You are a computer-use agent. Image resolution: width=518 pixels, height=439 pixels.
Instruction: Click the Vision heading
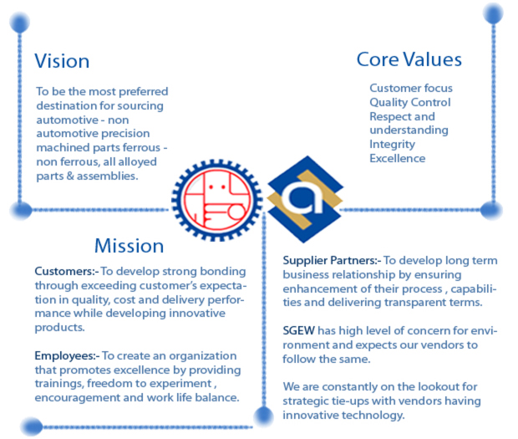(62, 61)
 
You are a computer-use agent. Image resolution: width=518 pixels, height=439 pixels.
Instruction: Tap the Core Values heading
(409, 59)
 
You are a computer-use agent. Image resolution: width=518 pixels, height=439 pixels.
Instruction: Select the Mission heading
(129, 246)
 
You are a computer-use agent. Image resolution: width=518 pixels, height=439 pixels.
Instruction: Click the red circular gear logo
(217, 201)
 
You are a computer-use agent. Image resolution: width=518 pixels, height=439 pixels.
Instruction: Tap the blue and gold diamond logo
(305, 199)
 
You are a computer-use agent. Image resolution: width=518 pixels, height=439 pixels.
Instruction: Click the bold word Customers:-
(67, 272)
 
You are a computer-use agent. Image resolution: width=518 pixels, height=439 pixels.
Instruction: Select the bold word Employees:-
(68, 356)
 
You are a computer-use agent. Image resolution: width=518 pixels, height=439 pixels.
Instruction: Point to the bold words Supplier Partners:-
(333, 261)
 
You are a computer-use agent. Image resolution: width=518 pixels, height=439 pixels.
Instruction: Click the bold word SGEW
(298, 330)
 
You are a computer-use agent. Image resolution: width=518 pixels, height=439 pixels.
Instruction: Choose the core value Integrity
(392, 145)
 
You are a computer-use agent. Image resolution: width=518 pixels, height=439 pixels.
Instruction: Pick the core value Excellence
(398, 158)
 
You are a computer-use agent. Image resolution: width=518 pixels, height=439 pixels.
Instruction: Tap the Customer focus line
(411, 88)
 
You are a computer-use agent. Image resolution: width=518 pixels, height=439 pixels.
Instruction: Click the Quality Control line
(410, 103)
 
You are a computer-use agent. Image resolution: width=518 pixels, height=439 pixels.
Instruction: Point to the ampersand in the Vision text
(70, 176)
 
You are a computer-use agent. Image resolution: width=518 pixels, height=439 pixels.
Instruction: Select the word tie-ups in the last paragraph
(348, 401)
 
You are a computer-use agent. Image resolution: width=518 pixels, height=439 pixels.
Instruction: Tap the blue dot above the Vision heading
(20, 22)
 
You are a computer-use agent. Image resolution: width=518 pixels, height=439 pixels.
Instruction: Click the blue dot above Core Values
(493, 13)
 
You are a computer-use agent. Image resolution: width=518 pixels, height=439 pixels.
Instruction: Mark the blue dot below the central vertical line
(263, 416)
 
